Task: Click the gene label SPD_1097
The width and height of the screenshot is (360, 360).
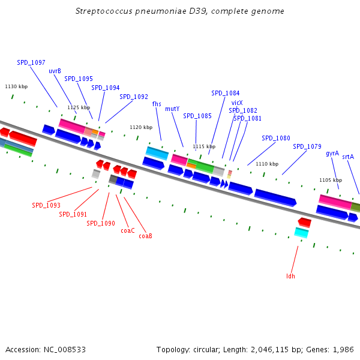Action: (31, 62)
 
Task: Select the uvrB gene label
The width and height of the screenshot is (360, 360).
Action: (55, 71)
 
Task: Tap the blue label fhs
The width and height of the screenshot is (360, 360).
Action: (157, 104)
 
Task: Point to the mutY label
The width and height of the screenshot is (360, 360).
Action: (172, 109)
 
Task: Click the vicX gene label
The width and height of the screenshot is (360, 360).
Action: (237, 103)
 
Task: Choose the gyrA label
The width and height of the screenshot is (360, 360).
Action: (332, 154)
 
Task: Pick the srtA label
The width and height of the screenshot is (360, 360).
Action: (348, 157)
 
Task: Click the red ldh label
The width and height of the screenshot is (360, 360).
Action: (291, 276)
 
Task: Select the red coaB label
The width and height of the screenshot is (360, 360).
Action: (145, 236)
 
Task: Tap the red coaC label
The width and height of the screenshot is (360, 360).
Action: (127, 230)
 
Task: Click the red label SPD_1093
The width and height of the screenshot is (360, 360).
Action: (46, 205)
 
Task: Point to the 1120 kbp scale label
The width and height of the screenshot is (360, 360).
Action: (141, 127)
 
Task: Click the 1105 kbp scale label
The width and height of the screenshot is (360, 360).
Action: (330, 180)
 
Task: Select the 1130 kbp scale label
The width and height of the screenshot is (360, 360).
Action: (16, 86)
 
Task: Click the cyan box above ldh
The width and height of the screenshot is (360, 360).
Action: (302, 233)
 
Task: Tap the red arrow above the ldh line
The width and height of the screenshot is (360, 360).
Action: (304, 222)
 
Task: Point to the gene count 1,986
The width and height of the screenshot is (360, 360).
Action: (344, 349)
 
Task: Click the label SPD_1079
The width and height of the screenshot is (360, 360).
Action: (307, 146)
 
